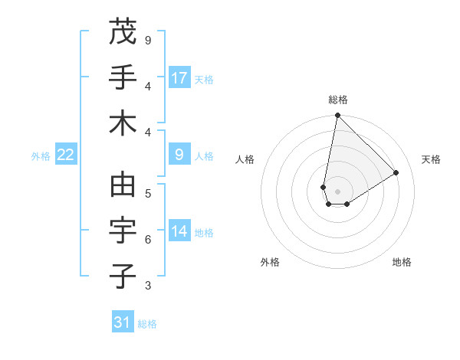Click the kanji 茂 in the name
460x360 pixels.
click(123, 32)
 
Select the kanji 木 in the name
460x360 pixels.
click(123, 123)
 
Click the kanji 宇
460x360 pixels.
click(123, 231)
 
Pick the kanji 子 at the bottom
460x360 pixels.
click(123, 277)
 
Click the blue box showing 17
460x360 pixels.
click(179, 78)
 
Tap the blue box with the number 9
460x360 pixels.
click(179, 155)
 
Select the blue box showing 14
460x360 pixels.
click(179, 231)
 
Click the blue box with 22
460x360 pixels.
click(66, 155)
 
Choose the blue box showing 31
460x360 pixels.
click(123, 322)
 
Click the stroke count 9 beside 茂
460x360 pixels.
click(148, 40)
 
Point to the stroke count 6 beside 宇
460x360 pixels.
click(148, 240)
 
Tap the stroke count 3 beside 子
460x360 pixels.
click(148, 286)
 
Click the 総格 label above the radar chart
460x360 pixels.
click(337, 100)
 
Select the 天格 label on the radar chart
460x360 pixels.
click(431, 159)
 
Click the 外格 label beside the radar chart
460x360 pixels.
click(270, 262)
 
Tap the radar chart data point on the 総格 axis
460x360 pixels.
click(337, 116)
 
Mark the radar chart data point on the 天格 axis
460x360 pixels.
click(396, 172)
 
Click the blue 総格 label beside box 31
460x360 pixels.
click(147, 324)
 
